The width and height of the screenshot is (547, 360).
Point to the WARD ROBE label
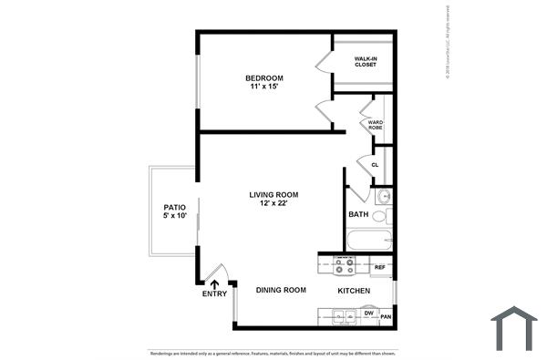pos(376,126)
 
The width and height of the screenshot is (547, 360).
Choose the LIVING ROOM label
pos(273,194)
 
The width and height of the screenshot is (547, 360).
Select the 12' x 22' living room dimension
pos(273,204)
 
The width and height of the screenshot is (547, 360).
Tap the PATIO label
pos(174,208)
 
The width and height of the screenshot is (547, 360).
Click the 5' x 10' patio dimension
pos(174,218)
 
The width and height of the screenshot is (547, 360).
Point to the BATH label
pos(358,215)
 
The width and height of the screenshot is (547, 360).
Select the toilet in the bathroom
pos(387,217)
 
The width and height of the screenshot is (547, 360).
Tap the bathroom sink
pos(384,195)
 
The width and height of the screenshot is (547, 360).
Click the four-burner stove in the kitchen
pos(345,265)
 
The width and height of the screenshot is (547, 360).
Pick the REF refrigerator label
pos(381,267)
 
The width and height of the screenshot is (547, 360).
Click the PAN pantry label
pos(386,317)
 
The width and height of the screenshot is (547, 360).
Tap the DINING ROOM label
pos(280,290)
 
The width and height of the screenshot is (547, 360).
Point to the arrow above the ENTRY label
pos(214,283)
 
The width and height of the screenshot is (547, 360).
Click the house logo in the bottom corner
pos(513,327)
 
